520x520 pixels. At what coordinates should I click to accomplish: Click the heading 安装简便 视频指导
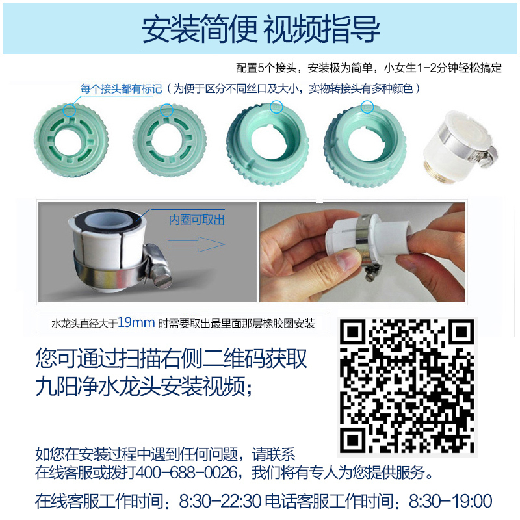tap(261, 29)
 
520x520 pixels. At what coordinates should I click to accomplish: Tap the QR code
tap(407, 387)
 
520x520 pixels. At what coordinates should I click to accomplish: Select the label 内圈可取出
tap(196, 220)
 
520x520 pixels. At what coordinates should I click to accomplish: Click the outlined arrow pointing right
tap(196, 244)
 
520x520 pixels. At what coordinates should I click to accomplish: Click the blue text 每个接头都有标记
tap(121, 88)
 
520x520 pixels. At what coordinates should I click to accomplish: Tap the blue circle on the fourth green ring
tap(368, 107)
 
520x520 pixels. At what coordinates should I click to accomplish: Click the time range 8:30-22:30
tap(220, 501)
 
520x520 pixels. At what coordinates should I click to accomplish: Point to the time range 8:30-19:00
tap(450, 501)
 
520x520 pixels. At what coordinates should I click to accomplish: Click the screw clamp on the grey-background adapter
tap(158, 266)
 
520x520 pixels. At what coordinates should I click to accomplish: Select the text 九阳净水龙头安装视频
tap(140, 387)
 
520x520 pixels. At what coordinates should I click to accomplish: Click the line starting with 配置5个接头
tap(369, 68)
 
